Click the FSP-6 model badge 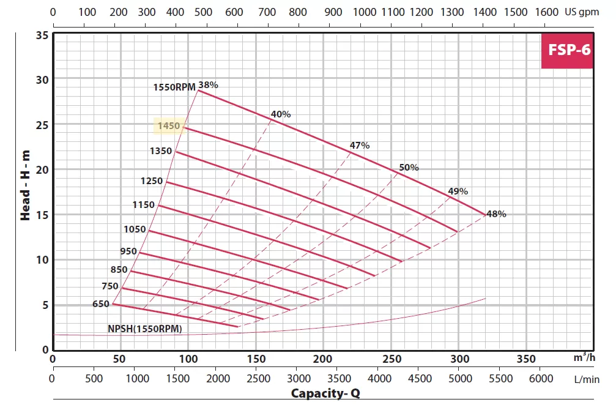coord(568,50)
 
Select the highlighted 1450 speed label coord(169,126)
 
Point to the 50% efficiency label coord(409,167)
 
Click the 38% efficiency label coord(208,85)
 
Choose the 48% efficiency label coord(496,214)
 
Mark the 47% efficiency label coord(360,145)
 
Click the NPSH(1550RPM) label coord(145,329)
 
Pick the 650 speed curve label coord(101,304)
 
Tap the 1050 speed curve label coord(135,229)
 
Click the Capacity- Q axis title coord(325,393)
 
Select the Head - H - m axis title coord(25,187)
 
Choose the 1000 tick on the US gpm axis coord(365,12)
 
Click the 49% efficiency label coord(458,191)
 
